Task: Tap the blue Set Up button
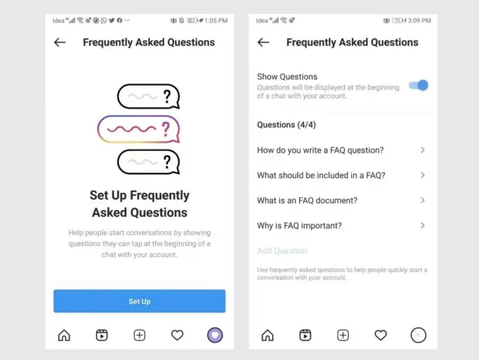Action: (140, 301)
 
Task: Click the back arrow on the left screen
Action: (60, 42)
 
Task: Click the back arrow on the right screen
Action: (263, 42)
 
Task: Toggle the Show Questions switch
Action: (419, 86)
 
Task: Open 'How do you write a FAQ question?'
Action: (320, 150)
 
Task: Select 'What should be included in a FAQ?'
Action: (321, 175)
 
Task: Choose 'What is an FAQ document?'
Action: (307, 200)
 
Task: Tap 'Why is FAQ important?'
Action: (299, 226)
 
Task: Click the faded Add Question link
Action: (282, 251)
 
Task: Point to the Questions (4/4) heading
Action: (286, 125)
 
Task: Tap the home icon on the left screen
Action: (64, 335)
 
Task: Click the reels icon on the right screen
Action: (305, 335)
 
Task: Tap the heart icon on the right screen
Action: (380, 335)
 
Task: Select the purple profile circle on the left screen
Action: (215, 335)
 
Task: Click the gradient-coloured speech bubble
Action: (139, 130)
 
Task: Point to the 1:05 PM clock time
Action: (216, 21)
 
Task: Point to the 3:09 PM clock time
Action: (420, 21)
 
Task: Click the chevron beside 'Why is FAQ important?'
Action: (423, 225)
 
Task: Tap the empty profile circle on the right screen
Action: (418, 335)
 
